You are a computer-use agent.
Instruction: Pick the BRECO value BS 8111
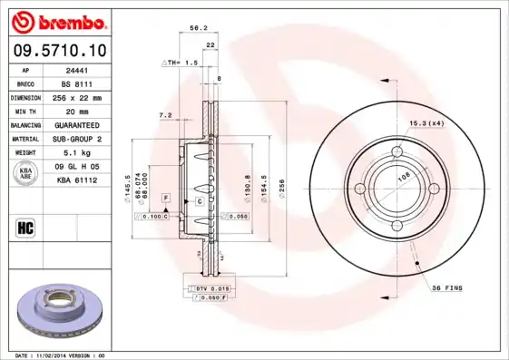pos(78,83)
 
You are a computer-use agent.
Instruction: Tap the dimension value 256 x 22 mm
pos(78,96)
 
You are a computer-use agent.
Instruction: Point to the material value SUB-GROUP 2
pos(78,139)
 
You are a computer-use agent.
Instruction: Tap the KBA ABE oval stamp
pos(26,174)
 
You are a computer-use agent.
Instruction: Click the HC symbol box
pos(26,227)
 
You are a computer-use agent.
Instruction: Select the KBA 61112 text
pos(78,180)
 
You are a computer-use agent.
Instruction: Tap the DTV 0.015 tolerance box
pos(210,287)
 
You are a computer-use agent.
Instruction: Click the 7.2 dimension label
pos(165,115)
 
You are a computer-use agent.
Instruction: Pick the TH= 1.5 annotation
pos(181,63)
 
